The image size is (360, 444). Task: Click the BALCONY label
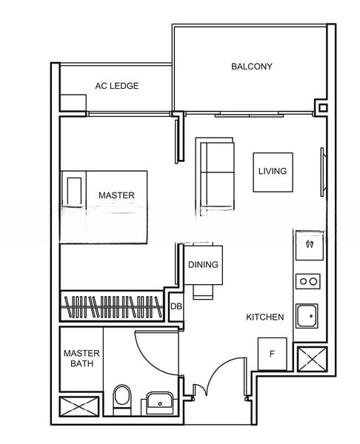pyautogui.click(x=252, y=67)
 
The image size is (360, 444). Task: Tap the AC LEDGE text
pyautogui.click(x=117, y=86)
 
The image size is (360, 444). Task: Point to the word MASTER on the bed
pyautogui.click(x=116, y=195)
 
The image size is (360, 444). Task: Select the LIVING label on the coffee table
pyautogui.click(x=273, y=171)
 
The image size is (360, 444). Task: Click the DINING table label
pyautogui.click(x=203, y=265)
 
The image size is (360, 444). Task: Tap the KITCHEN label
pyautogui.click(x=264, y=317)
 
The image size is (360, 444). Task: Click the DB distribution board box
pyautogui.click(x=176, y=306)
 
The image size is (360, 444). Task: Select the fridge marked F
pyautogui.click(x=272, y=354)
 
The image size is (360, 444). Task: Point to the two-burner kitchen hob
pyautogui.click(x=308, y=281)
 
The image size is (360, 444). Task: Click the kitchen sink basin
pyautogui.click(x=307, y=316)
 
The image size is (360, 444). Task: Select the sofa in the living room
pyautogui.click(x=215, y=174)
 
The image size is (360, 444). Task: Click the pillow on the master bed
pyautogui.click(x=74, y=192)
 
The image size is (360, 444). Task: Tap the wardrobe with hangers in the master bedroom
pyautogui.click(x=112, y=306)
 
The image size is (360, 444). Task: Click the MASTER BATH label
pyautogui.click(x=81, y=358)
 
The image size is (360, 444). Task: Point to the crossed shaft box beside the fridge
pyautogui.click(x=312, y=359)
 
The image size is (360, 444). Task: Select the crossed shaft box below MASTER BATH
pyautogui.click(x=79, y=406)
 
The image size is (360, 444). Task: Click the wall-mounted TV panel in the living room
pyautogui.click(x=322, y=172)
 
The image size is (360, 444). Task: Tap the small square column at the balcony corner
pyautogui.click(x=322, y=107)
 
